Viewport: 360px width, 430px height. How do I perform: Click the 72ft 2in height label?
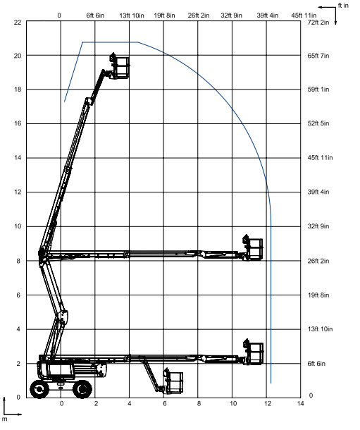318,23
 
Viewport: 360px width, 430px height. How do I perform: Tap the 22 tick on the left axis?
18,22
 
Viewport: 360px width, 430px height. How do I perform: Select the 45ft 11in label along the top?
304,16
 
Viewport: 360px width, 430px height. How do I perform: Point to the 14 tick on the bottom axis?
301,403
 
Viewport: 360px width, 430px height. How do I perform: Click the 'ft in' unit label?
343,6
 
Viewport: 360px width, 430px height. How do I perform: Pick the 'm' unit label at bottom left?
5,419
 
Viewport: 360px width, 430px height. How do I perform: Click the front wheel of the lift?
82,389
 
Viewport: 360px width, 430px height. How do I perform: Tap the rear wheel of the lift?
39,389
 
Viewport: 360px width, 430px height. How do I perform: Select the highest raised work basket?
119,66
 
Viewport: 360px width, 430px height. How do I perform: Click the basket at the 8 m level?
253,247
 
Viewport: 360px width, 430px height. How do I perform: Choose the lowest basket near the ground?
173,381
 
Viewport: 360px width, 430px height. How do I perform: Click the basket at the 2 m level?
254,352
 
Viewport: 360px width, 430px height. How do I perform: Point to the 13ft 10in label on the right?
320,329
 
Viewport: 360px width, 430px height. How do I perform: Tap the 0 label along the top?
59,16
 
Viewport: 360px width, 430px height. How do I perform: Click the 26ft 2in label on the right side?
318,261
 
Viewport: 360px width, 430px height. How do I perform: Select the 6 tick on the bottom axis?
164,403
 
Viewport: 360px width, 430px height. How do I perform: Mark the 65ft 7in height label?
318,56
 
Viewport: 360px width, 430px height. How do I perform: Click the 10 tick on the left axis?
18,226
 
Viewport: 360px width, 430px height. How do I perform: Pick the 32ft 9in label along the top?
232,16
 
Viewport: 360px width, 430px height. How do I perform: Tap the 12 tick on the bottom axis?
268,403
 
